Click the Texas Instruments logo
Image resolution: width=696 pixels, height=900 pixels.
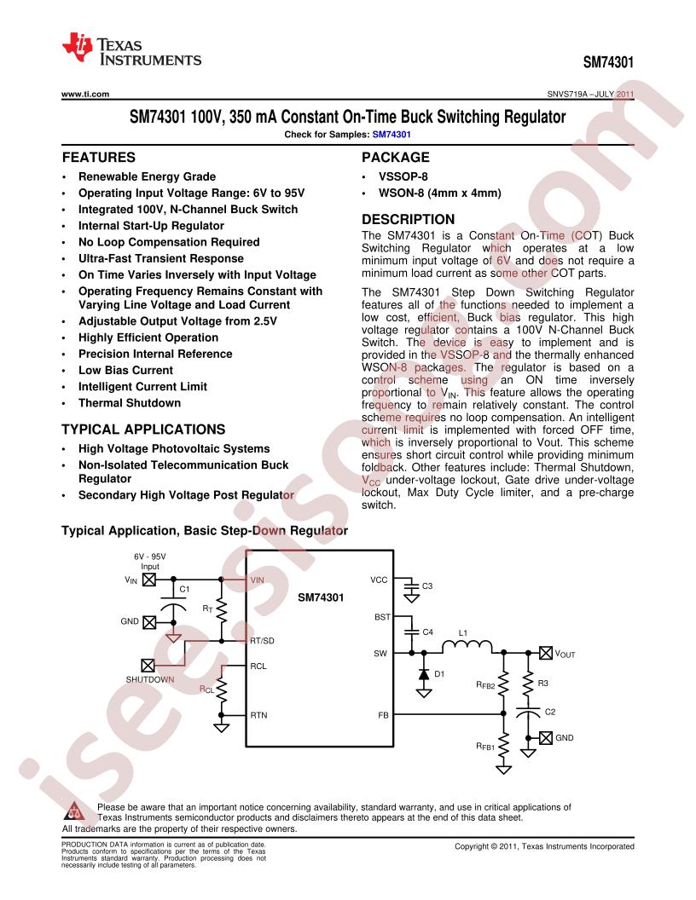point(131,50)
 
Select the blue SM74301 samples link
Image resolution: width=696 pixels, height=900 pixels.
point(391,135)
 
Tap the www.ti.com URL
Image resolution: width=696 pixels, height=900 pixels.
point(85,94)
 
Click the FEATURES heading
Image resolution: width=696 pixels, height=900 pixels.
point(99,158)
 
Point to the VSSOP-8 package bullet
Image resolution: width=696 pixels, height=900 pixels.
point(403,176)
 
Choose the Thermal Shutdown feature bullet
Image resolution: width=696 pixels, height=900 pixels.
point(130,403)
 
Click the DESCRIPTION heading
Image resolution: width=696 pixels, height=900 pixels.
point(409,219)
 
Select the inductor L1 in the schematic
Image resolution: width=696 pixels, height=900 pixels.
point(467,646)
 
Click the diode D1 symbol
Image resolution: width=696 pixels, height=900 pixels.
point(424,674)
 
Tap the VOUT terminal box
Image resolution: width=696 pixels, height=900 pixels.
point(546,653)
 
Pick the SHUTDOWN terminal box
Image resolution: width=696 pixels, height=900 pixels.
point(148,666)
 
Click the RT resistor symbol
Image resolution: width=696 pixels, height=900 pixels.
point(222,610)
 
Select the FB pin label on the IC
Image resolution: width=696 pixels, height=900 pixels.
point(383,715)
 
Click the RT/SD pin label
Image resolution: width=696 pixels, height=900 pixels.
point(262,641)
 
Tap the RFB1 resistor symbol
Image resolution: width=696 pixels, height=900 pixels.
point(503,747)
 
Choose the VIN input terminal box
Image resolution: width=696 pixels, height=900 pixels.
point(148,580)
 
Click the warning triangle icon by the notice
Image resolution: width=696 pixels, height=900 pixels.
point(75,811)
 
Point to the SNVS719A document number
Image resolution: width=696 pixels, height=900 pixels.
point(567,94)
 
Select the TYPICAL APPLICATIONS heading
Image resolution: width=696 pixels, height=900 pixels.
point(143,430)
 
